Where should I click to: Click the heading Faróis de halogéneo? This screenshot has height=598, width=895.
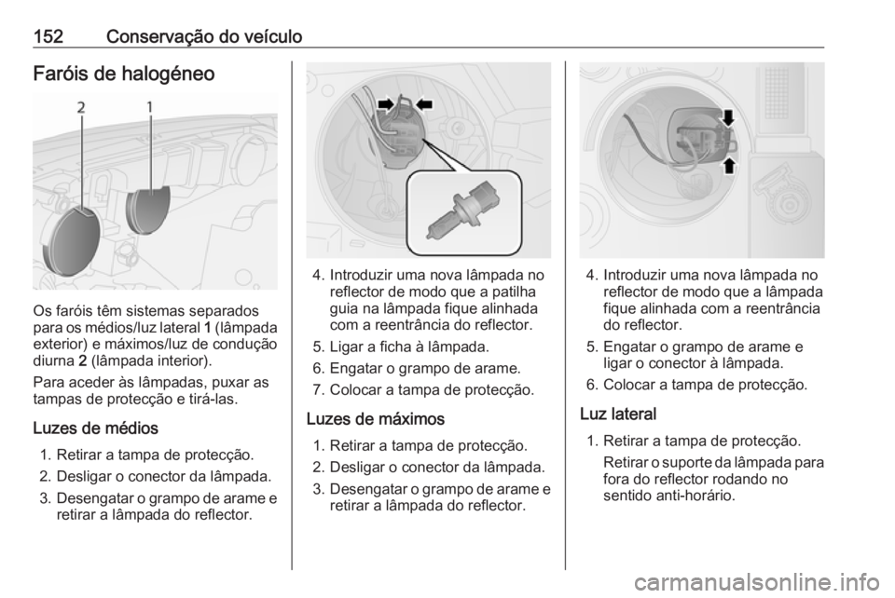coord(124,74)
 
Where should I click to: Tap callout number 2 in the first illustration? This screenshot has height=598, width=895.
coord(82,107)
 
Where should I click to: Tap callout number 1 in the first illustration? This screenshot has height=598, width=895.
coord(150,107)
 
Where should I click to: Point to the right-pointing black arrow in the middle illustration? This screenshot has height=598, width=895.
coord(386,103)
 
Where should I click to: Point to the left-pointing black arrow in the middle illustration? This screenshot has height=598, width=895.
coord(425,103)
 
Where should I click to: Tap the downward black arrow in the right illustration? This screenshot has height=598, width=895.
coord(728,118)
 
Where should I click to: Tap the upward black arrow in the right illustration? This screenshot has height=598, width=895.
coord(729,165)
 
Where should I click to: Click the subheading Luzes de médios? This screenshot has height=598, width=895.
coord(95,428)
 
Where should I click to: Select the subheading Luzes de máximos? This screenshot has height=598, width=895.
coord(375,419)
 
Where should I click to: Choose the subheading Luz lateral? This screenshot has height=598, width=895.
coord(618,414)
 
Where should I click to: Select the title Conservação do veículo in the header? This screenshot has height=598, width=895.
coord(204,37)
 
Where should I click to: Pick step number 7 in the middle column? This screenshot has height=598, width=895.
coord(319,390)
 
